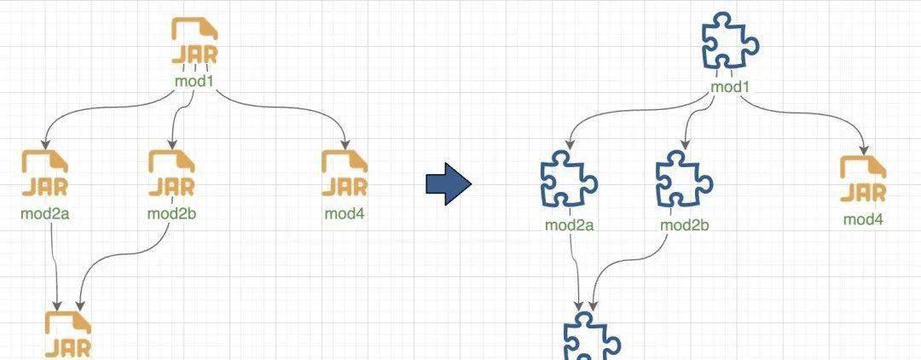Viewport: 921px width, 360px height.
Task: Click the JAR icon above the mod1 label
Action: coord(194,42)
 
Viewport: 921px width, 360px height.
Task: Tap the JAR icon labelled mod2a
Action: coord(44,173)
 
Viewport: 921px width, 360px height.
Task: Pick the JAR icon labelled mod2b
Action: coord(171,173)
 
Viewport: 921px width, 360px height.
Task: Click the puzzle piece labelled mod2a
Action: coord(568,180)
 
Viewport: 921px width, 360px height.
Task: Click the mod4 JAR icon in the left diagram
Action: coord(345,173)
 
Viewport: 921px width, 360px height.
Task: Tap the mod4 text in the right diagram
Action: coord(863,219)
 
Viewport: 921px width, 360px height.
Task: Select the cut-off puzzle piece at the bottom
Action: coord(591,336)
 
